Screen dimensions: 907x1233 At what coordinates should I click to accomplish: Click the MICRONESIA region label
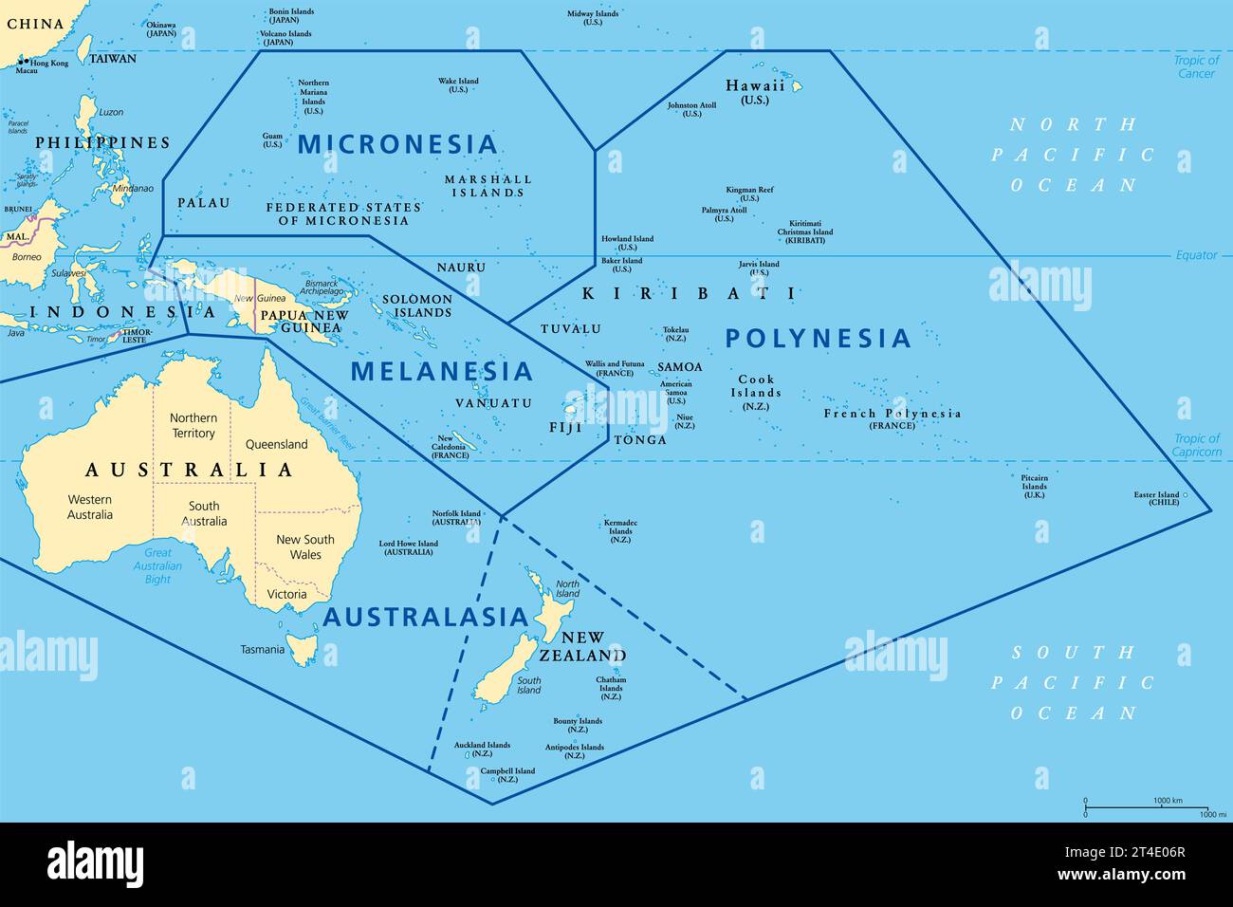(x=397, y=144)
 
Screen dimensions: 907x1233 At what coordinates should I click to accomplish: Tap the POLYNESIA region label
(x=818, y=338)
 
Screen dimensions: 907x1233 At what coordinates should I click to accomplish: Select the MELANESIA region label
(x=442, y=371)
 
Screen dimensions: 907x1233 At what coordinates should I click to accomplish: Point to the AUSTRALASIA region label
(x=426, y=618)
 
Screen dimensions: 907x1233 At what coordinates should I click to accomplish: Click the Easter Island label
(x=1156, y=495)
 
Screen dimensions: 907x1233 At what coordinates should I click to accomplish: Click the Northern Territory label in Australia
(x=193, y=425)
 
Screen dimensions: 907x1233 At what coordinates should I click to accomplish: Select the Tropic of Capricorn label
(x=1197, y=445)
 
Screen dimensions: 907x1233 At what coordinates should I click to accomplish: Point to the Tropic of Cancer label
(x=1196, y=66)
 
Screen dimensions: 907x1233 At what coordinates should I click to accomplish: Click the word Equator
(x=1196, y=255)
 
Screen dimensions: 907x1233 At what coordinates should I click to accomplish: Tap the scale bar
(x=1146, y=807)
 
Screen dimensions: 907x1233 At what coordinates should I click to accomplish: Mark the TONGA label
(x=640, y=440)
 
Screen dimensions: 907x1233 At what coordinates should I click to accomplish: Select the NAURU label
(x=461, y=268)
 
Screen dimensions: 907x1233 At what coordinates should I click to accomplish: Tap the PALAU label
(x=204, y=203)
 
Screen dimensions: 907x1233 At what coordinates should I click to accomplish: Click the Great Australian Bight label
(x=157, y=565)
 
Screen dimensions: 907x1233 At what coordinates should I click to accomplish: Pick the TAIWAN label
(x=113, y=59)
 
